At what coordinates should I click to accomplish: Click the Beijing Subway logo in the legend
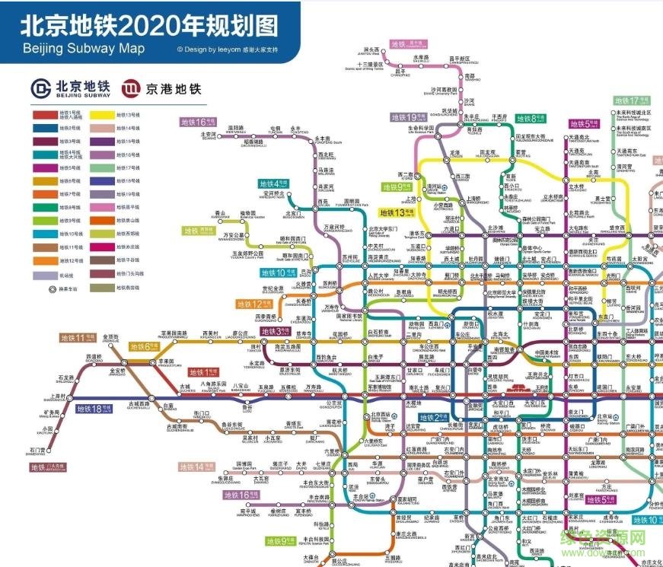click(40, 88)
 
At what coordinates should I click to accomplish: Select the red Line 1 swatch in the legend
click(43, 115)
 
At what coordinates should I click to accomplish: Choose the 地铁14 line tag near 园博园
click(191, 467)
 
